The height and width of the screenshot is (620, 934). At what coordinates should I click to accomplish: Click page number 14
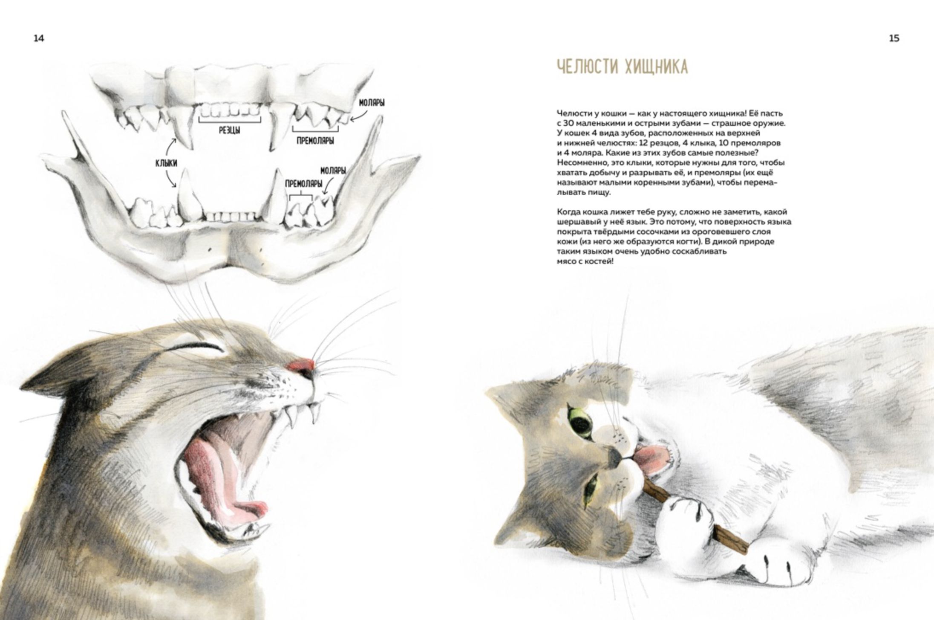click(39, 38)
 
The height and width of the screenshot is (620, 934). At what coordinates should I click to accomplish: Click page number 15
click(894, 38)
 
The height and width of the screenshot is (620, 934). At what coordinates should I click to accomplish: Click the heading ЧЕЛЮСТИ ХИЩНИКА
click(622, 67)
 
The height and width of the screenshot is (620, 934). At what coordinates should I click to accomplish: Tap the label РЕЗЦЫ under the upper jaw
click(229, 130)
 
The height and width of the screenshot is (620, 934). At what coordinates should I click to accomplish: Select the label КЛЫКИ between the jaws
click(166, 163)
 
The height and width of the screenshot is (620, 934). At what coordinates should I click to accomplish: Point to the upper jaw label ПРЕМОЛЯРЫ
click(315, 141)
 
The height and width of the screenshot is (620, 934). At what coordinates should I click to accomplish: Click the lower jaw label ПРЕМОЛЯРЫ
click(303, 184)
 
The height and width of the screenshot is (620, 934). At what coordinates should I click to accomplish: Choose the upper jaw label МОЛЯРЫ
click(372, 103)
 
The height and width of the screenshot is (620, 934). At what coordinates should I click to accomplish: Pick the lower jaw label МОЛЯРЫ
click(333, 171)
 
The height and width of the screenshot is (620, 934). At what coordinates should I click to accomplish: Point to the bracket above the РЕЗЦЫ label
click(229, 121)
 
